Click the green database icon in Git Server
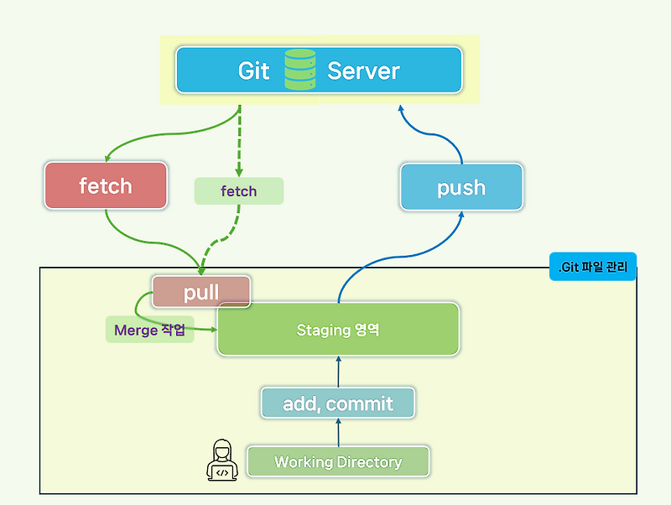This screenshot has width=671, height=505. (x=299, y=70)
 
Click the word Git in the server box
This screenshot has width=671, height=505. (x=253, y=70)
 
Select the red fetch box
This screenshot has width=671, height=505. (x=106, y=185)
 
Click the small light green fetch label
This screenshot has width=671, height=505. (x=238, y=191)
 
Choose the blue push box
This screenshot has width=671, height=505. (x=461, y=187)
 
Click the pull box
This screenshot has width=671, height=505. (x=201, y=292)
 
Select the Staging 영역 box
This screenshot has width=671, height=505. (x=338, y=330)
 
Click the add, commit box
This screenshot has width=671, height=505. (x=338, y=403)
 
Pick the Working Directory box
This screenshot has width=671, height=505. (x=338, y=462)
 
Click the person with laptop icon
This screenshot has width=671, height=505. (x=221, y=461)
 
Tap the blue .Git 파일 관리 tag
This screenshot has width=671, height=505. (x=593, y=267)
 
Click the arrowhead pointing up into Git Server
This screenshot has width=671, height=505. (x=401, y=109)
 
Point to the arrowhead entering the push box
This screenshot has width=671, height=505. (x=461, y=215)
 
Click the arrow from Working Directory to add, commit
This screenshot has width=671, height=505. (x=339, y=432)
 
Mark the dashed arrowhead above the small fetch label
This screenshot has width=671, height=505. (x=239, y=172)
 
